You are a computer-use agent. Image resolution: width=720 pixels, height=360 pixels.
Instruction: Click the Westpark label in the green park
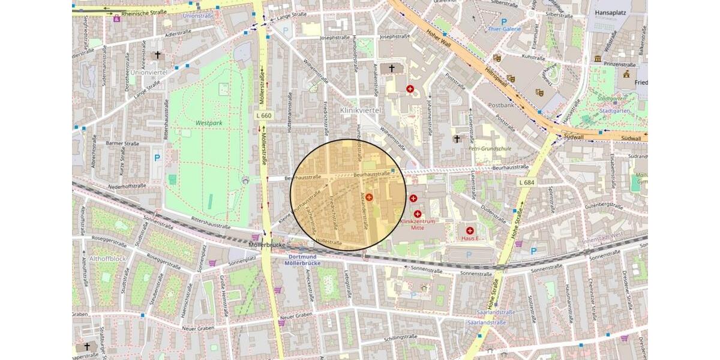click(x=209, y=122)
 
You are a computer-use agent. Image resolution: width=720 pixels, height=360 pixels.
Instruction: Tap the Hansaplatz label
click(x=611, y=11)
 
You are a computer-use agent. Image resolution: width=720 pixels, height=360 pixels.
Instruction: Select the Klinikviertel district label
click(x=361, y=110)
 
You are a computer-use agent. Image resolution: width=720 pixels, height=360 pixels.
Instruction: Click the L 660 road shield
click(x=263, y=115)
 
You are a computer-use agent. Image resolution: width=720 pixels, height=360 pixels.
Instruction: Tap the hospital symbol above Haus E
click(x=470, y=230)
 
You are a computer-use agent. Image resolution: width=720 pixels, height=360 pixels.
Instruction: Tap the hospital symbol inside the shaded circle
click(x=369, y=197)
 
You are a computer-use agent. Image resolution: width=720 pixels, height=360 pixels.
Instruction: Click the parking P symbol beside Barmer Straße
click(x=157, y=158)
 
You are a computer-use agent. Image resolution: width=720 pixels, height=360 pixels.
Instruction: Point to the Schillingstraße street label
click(x=401, y=338)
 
